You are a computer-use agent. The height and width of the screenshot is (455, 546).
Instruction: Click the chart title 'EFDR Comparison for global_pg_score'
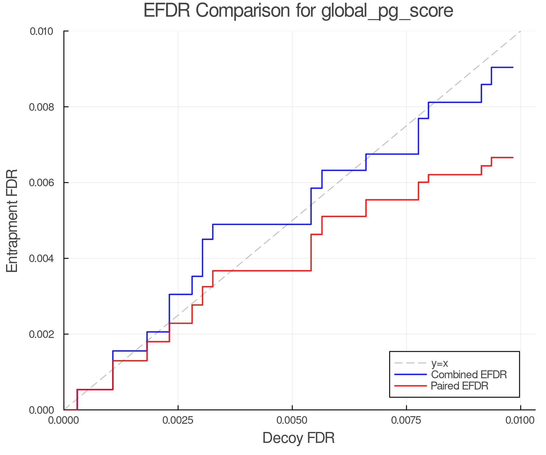298,11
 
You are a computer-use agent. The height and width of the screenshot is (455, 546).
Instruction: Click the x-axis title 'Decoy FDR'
298,438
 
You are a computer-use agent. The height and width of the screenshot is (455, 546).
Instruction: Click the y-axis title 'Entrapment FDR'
12,221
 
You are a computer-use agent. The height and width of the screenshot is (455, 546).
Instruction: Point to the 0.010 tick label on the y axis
41,31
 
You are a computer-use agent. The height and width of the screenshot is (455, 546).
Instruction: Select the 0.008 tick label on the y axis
41,107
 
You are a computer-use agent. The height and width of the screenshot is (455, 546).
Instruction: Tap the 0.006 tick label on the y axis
41,183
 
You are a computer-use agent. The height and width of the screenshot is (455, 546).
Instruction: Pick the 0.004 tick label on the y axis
41,258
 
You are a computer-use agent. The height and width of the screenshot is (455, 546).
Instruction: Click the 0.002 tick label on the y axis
41,334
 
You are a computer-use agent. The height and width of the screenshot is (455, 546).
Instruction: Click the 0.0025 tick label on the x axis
178,420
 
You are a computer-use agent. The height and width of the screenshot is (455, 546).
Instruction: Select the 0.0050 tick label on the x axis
292,420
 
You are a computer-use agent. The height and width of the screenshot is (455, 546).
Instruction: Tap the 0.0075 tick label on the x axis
406,420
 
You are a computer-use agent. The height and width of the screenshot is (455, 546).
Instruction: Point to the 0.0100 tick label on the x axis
520,420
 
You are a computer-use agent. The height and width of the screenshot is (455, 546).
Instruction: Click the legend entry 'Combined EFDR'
469,375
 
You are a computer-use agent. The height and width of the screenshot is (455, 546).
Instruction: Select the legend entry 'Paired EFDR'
459,386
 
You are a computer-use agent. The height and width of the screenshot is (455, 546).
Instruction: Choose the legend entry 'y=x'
439,363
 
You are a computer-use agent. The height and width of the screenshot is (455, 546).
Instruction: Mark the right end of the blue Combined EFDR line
513,67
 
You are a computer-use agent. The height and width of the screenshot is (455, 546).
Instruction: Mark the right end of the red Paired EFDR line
513,157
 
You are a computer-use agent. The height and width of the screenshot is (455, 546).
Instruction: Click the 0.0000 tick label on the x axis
64,420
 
